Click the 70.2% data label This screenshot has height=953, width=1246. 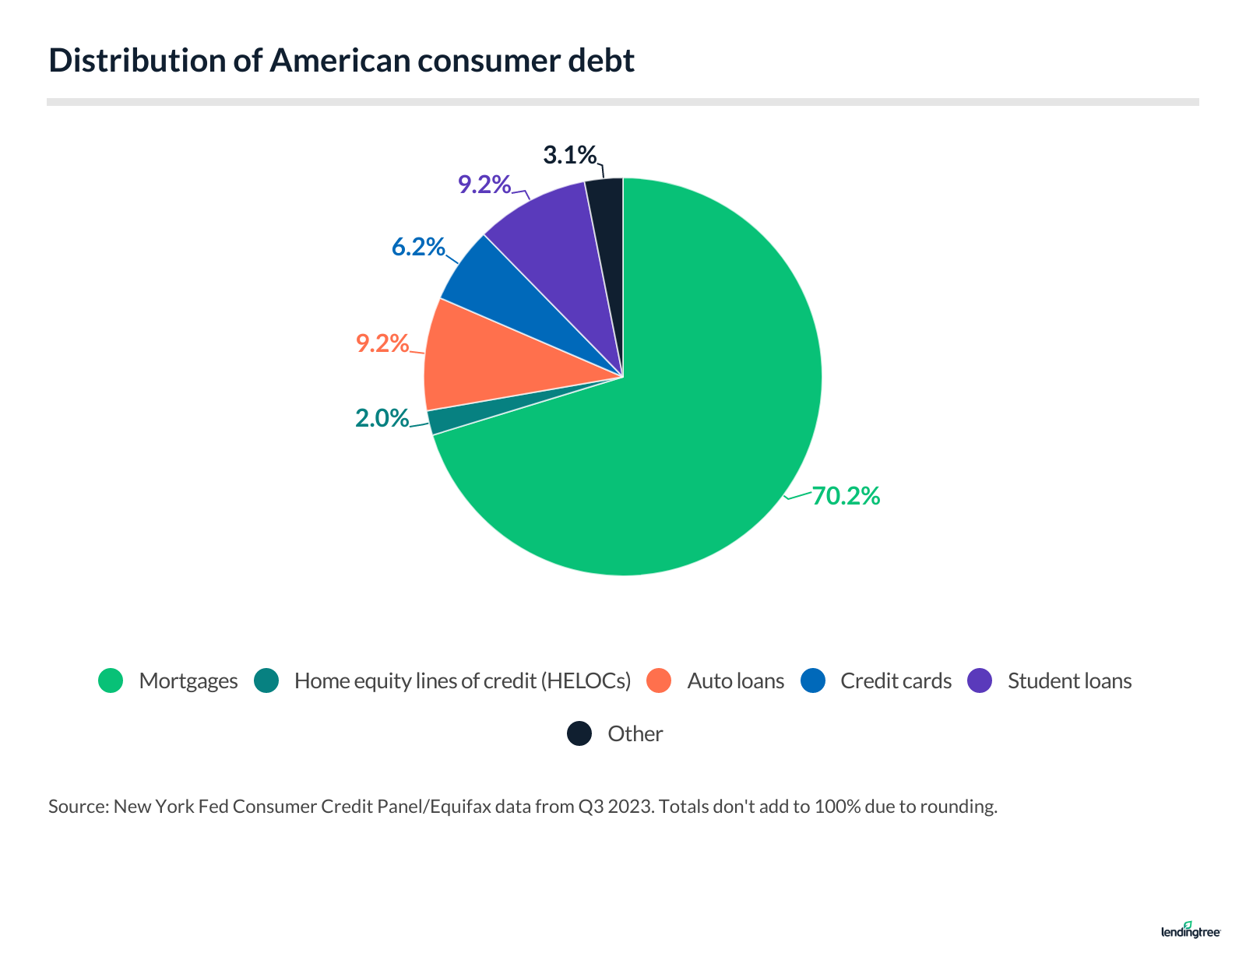(846, 496)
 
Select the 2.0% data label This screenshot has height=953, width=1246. (382, 419)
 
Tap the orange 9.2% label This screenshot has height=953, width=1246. (382, 343)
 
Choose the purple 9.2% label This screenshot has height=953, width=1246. (484, 185)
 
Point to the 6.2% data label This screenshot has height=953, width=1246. (418, 248)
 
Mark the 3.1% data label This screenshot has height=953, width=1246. (570, 156)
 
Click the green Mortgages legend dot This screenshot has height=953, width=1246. (111, 680)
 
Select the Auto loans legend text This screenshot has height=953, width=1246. (735, 681)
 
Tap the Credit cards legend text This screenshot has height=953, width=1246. (896, 681)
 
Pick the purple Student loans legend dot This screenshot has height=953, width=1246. (980, 680)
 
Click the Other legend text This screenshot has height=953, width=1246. (635, 734)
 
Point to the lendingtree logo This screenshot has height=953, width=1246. (1191, 930)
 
